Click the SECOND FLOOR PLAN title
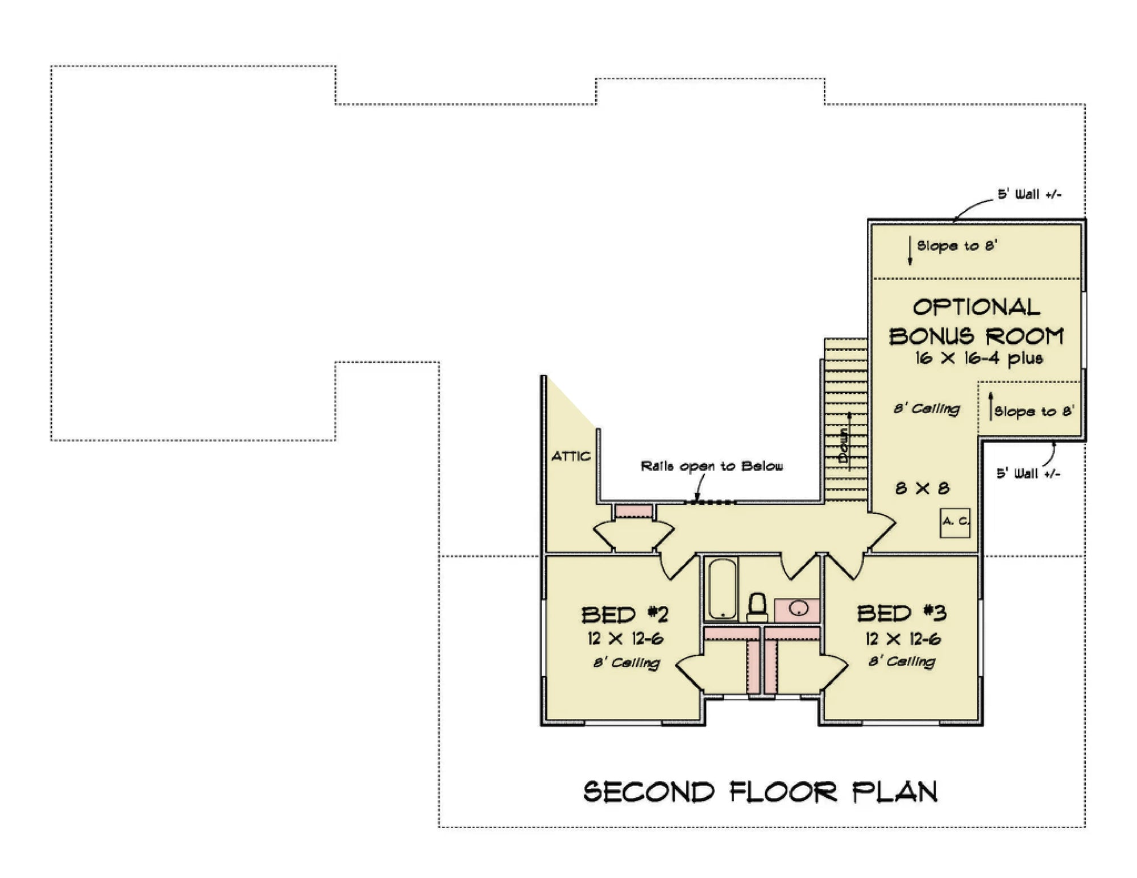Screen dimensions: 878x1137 pos(760,792)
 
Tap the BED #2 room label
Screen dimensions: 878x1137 pos(624,615)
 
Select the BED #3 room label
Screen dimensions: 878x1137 pos(902,613)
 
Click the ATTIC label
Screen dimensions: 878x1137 pos(571,456)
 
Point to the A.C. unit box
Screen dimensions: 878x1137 pos(955,522)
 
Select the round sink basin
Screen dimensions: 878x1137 pos(799,609)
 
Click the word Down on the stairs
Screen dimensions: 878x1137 pos(844,446)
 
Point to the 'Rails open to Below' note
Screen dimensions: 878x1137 pos(712,467)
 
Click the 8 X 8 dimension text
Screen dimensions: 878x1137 pos(922,488)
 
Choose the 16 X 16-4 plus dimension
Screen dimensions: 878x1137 pos(978,359)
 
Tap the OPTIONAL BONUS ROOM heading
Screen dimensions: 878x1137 pos(976,322)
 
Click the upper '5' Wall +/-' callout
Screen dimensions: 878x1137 pos(1030,194)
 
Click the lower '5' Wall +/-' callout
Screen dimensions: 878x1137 pos(1028,473)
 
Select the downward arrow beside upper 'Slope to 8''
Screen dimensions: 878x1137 pos(910,252)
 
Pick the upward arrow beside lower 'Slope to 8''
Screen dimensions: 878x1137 pos(991,406)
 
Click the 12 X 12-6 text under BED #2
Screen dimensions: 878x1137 pos(625,639)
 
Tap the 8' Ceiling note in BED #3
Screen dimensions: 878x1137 pos(902,661)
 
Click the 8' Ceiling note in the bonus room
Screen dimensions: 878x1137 pos(927,409)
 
